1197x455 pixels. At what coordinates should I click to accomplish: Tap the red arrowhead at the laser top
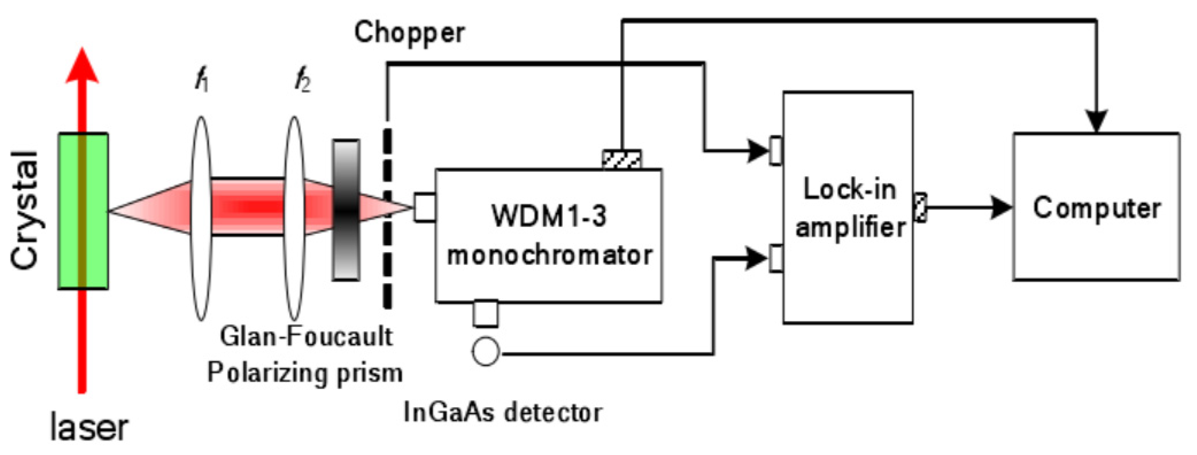click(x=82, y=67)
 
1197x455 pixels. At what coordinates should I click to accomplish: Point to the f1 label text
click(x=201, y=83)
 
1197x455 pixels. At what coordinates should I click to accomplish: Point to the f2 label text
click(x=303, y=83)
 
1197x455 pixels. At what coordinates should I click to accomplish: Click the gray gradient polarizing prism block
click(x=346, y=210)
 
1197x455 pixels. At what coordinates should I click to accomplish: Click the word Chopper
click(x=409, y=33)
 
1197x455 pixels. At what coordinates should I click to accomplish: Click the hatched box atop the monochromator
click(x=622, y=159)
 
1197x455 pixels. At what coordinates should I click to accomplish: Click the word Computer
click(x=1096, y=208)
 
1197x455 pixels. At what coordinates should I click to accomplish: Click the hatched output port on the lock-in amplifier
click(x=920, y=207)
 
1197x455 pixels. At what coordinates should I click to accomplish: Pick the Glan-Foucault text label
click(x=306, y=337)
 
